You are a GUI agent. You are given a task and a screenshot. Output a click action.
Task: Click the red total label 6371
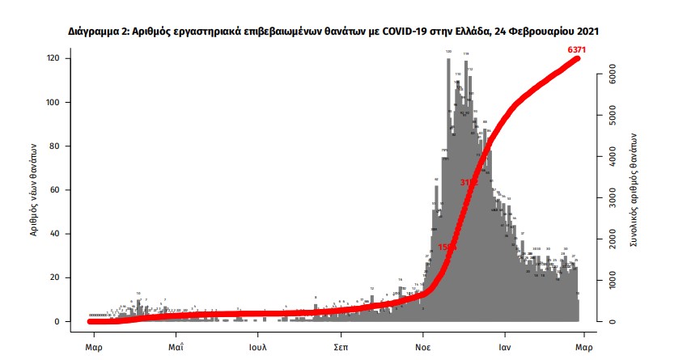576,50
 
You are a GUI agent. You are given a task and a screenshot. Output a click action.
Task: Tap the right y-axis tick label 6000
613,74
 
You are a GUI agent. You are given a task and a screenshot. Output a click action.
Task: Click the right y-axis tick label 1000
613,280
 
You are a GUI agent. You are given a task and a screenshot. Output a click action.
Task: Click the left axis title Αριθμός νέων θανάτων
34,190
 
